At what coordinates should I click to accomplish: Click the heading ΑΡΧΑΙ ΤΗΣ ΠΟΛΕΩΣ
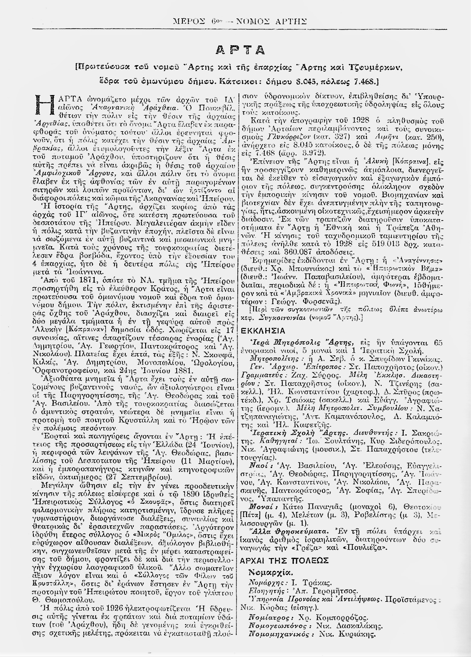click(x=284, y=560)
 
